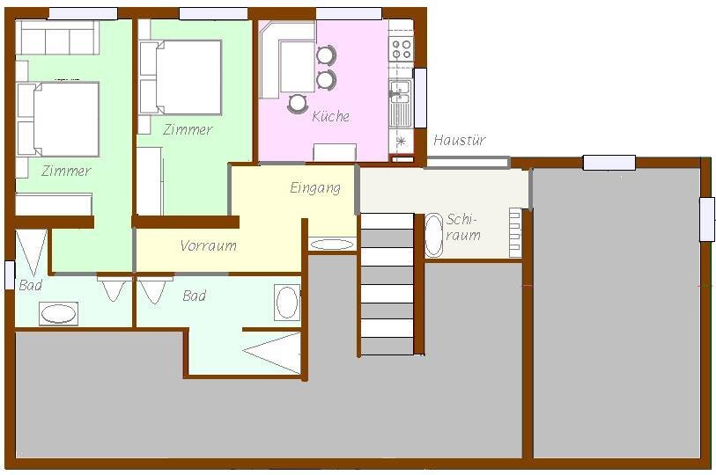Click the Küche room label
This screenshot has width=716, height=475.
pyautogui.click(x=330, y=116)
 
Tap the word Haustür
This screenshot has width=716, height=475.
pyautogui.click(x=459, y=140)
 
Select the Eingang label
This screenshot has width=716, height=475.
pyautogui.click(x=315, y=188)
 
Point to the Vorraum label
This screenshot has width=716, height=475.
pyautogui.click(x=208, y=246)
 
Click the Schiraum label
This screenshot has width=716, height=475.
pyautogui.click(x=463, y=227)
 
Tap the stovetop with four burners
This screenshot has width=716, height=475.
pyautogui.click(x=402, y=49)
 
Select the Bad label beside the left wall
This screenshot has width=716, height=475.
pyautogui.click(x=31, y=285)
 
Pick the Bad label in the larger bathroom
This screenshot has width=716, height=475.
pyautogui.click(x=194, y=296)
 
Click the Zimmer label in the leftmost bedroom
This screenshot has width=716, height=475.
pyautogui.click(x=66, y=171)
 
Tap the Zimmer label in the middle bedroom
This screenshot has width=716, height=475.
pyautogui.click(x=188, y=129)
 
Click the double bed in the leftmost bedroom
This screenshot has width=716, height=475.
pyautogui.click(x=58, y=119)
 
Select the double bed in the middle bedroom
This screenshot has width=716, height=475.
pyautogui.click(x=181, y=77)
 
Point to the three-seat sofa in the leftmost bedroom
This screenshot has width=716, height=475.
pyautogui.click(x=57, y=38)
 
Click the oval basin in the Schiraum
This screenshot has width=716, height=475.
pyautogui.click(x=434, y=235)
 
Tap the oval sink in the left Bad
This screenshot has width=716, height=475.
pyautogui.click(x=58, y=313)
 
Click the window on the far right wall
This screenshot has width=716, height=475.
pyautogui.click(x=707, y=219)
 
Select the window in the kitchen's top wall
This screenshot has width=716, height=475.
pyautogui.click(x=349, y=14)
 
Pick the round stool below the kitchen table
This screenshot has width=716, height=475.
pyautogui.click(x=298, y=103)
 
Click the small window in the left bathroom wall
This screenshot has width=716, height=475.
pyautogui.click(x=10, y=274)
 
